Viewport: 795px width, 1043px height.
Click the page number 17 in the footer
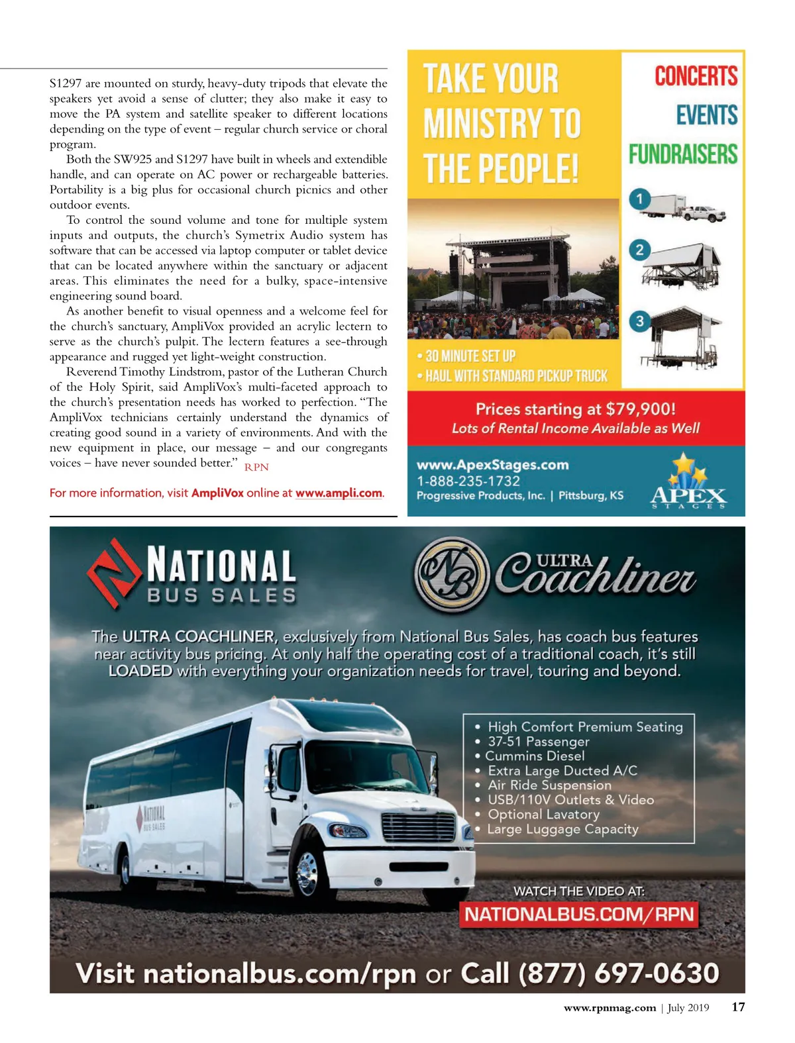click(738, 1007)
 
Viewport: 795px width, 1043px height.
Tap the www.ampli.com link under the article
click(339, 493)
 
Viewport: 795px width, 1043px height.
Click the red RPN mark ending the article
click(256, 467)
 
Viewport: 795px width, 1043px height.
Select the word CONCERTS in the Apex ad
click(696, 76)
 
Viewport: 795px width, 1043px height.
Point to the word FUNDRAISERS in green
click(683, 154)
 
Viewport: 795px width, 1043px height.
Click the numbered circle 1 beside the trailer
click(639, 199)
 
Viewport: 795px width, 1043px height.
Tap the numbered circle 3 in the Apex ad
click(639, 322)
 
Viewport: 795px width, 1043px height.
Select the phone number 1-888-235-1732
click(468, 481)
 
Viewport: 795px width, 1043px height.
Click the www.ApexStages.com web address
click(492, 465)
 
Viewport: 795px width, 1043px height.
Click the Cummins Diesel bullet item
click(535, 756)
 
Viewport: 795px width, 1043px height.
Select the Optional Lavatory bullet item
click(543, 815)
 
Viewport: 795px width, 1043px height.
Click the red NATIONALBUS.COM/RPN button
click(579, 915)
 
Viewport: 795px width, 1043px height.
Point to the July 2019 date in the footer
click(688, 1008)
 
